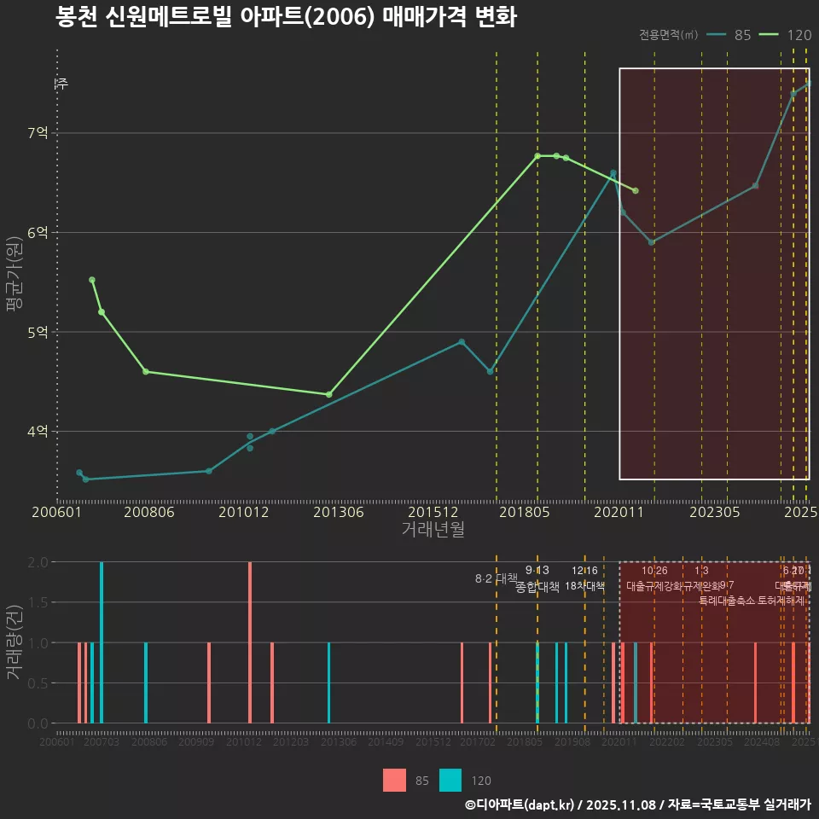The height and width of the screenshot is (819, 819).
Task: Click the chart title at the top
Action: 286,17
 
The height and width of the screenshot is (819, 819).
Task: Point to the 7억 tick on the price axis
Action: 38,133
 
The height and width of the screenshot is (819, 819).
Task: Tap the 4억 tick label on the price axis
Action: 38,432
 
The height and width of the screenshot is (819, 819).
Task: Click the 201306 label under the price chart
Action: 338,513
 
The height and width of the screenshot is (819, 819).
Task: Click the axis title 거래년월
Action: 433,529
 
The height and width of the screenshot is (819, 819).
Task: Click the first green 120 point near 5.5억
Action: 92,280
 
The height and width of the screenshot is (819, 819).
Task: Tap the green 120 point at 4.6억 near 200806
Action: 146,371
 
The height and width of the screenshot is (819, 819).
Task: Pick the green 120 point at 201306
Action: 329,394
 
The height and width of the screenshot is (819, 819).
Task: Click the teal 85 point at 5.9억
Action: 651,242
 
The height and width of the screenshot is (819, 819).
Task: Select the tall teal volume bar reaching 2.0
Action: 102,642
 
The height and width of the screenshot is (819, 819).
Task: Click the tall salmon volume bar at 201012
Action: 250,642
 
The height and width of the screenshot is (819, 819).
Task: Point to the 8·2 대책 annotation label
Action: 497,578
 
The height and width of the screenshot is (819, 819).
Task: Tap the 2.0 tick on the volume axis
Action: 37,562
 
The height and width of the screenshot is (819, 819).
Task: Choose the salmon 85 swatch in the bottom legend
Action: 395,780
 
